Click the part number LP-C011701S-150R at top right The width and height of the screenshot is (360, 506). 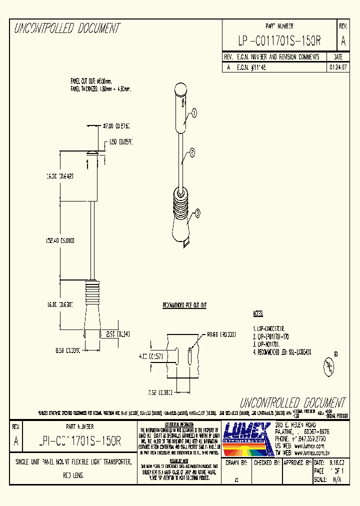(x=279, y=40)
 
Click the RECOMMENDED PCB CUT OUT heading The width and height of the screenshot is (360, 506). (x=184, y=305)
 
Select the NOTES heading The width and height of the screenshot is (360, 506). (x=258, y=314)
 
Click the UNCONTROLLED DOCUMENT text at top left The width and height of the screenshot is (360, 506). (x=67, y=28)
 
